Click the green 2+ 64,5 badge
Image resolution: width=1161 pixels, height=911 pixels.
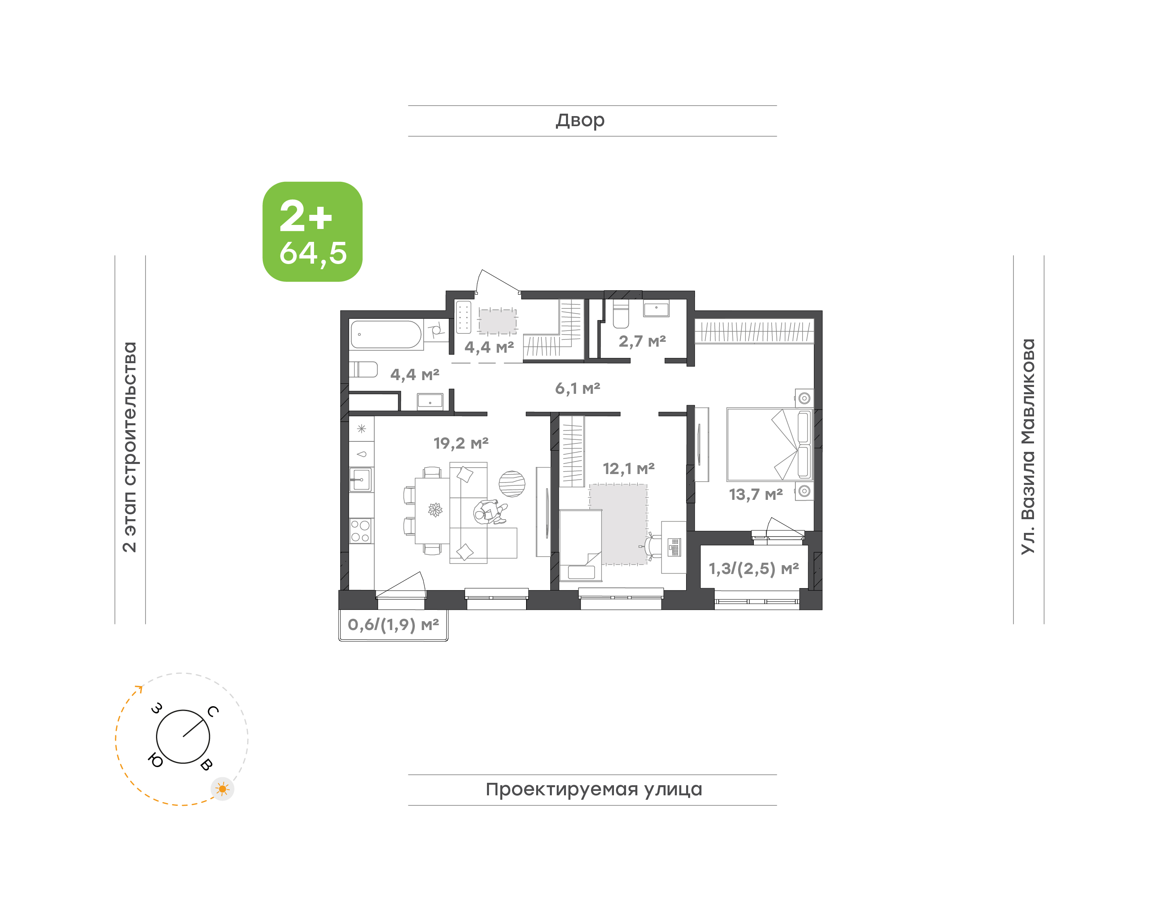click(x=312, y=231)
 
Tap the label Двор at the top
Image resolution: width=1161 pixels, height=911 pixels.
click(x=580, y=121)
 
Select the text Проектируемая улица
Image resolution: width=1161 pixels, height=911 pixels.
click(x=593, y=789)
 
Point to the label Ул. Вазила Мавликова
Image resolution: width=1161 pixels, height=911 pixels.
click(x=1028, y=447)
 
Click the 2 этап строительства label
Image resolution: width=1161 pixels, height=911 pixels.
click(x=129, y=447)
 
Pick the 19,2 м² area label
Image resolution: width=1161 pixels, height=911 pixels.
click(x=461, y=443)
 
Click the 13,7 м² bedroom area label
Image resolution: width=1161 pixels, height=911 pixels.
click(x=756, y=495)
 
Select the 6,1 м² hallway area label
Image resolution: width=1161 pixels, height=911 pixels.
click(x=578, y=388)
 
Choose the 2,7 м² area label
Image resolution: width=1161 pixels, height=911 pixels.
click(x=642, y=341)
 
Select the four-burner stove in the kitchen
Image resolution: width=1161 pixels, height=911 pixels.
click(x=361, y=531)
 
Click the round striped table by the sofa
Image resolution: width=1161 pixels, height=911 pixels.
click(x=512, y=484)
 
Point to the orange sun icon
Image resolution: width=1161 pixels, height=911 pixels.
click(x=223, y=789)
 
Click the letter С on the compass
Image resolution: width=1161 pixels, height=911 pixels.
click(x=213, y=711)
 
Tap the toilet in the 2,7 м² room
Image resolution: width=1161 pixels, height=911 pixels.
click(x=621, y=314)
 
